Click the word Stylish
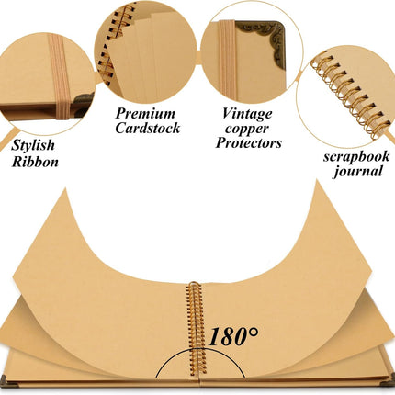(x=33, y=145)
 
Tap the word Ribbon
(x=35, y=162)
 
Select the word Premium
(x=145, y=114)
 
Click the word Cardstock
(x=148, y=128)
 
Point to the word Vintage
(x=247, y=114)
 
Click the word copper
(x=247, y=130)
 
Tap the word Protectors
(x=249, y=143)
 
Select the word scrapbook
(x=356, y=157)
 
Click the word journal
(x=358, y=171)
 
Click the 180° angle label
(x=233, y=336)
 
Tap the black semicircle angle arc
(x=200, y=350)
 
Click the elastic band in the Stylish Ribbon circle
(x=60, y=76)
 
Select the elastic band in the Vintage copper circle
(x=227, y=60)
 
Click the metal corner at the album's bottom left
(x=6, y=381)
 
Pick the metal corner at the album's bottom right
(x=389, y=381)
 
